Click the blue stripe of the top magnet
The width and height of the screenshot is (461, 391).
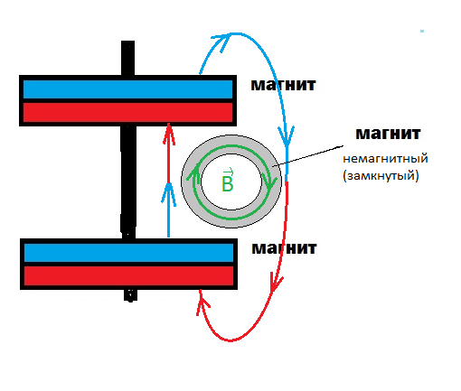[x=127, y=89]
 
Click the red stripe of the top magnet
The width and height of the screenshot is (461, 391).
[x=127, y=112]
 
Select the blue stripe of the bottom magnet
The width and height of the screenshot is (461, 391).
[x=128, y=253]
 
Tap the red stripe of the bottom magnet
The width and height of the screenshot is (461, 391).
[x=128, y=275]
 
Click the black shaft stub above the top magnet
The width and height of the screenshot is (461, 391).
[x=127, y=58]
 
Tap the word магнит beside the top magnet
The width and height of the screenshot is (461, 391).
[x=283, y=85]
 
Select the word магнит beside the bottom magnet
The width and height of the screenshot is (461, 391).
[x=284, y=248]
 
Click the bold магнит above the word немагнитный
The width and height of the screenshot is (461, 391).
[x=388, y=134]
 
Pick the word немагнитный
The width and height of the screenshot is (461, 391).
[x=385, y=159]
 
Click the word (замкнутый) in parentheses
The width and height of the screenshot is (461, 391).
[x=381, y=175]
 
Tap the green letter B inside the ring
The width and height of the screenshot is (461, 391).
[x=228, y=182]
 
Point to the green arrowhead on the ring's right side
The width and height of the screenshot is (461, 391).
[x=269, y=180]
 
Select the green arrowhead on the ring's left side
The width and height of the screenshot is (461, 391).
[x=193, y=173]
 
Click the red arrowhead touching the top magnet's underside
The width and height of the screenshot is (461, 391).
[x=169, y=135]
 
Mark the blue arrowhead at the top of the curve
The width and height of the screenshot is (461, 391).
[x=222, y=41]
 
